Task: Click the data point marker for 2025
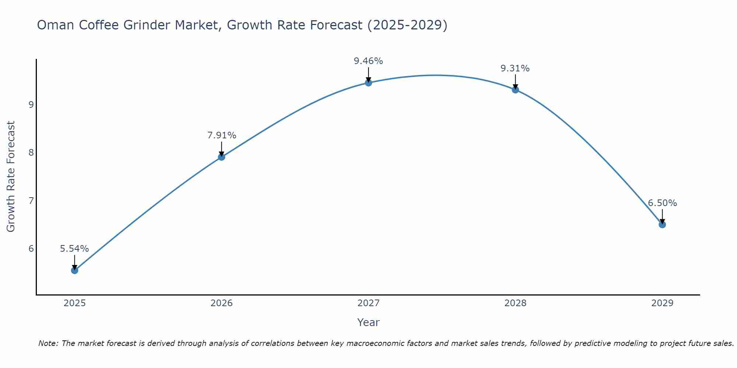pyautogui.click(x=74, y=270)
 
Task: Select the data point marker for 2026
pyautogui.click(x=221, y=157)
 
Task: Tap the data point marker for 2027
pyautogui.click(x=368, y=83)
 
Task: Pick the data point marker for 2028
pyautogui.click(x=515, y=90)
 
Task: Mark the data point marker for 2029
pyautogui.click(x=662, y=224)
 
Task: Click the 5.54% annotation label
pyautogui.click(x=74, y=249)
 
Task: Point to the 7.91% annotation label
pyautogui.click(x=221, y=135)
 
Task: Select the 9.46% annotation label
pyautogui.click(x=368, y=61)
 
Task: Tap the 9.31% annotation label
pyautogui.click(x=515, y=68)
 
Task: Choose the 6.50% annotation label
pyautogui.click(x=662, y=203)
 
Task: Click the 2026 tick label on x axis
pyautogui.click(x=221, y=303)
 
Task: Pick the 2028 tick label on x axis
pyautogui.click(x=515, y=303)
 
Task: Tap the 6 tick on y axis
pyautogui.click(x=31, y=249)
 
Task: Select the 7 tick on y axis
pyautogui.click(x=31, y=201)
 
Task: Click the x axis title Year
pyautogui.click(x=368, y=322)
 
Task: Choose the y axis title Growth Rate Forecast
pyautogui.click(x=11, y=177)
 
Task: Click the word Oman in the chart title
pyautogui.click(x=55, y=25)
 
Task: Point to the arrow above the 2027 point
pyautogui.click(x=368, y=75)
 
